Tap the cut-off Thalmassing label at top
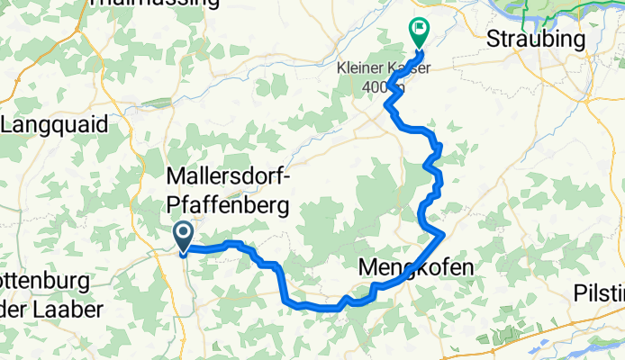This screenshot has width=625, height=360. coord(155,4)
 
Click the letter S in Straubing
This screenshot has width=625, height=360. coord(494,40)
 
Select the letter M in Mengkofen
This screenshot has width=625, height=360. coord(368,266)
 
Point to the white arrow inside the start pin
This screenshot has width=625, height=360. coord(182,235)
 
